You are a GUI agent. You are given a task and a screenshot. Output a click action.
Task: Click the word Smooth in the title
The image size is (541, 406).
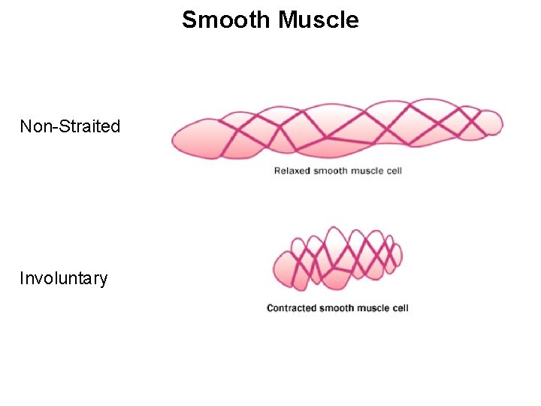point(227,20)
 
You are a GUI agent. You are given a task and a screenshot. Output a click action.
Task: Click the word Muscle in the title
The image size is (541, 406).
point(319,20)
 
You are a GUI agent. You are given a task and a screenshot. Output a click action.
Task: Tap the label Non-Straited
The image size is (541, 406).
point(70,126)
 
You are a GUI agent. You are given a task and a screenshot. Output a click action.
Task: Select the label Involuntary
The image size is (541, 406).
point(64,278)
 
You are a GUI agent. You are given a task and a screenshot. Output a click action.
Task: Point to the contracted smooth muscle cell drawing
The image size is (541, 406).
point(337,258)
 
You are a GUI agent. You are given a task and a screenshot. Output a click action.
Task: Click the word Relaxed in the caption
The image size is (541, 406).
point(291,171)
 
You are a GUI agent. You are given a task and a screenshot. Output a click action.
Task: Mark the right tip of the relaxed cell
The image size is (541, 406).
point(501,122)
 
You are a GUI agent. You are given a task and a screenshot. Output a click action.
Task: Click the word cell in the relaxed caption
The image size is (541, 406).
point(394,171)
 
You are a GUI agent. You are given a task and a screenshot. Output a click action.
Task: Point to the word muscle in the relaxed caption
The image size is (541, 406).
point(366,171)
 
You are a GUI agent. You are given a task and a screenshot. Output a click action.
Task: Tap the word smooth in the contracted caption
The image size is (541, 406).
point(336,308)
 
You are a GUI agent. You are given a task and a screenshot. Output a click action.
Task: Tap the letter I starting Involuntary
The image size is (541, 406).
point(22,278)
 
